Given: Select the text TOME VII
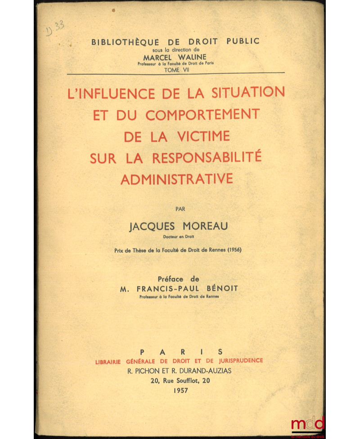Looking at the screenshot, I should click(175, 69).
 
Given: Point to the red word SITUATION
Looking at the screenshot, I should click(246, 92).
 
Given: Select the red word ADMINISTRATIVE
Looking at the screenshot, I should click(176, 179).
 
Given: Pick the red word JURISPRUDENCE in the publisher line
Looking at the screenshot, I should click(238, 361).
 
